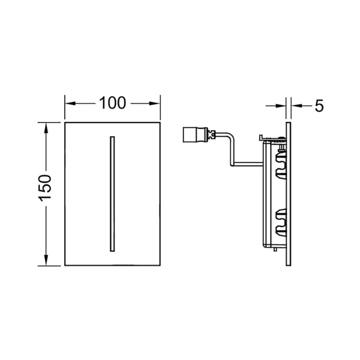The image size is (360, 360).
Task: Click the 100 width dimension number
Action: (112, 103)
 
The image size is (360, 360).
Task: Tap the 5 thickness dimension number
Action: (319, 106)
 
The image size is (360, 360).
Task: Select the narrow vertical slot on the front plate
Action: (112, 194)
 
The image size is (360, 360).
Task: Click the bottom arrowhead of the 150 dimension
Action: (46, 260)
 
